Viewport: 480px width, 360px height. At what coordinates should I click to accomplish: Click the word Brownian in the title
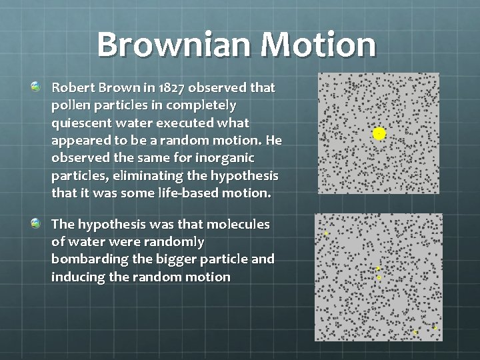tap(175, 45)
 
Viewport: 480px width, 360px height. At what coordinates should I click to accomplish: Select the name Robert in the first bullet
tap(73, 87)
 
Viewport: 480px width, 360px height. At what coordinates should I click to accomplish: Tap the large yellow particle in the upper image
tap(379, 134)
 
